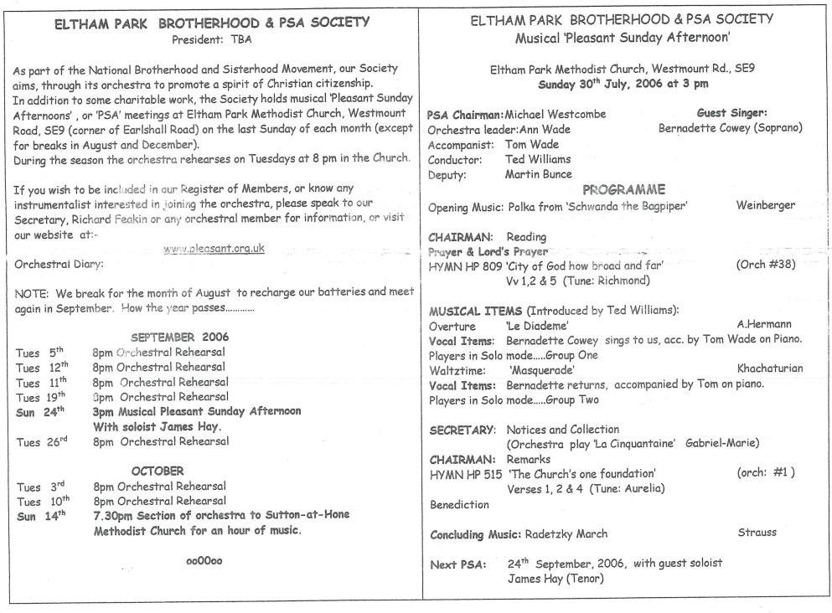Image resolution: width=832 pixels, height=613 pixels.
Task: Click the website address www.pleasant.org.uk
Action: pyautogui.click(x=214, y=248)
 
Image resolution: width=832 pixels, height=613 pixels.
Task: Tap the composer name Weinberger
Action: pyautogui.click(x=766, y=206)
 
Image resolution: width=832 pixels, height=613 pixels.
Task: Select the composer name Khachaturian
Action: pyautogui.click(x=770, y=368)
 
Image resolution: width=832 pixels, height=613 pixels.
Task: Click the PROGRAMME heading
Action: pyautogui.click(x=623, y=189)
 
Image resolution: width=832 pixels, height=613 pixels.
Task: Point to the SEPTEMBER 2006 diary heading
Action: pyautogui.click(x=179, y=337)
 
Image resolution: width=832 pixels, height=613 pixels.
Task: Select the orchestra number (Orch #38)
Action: pyautogui.click(x=765, y=265)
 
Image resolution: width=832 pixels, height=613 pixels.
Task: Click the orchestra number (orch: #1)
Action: pyautogui.click(x=765, y=473)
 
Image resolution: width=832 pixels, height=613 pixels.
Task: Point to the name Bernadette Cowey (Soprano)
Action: pyautogui.click(x=731, y=128)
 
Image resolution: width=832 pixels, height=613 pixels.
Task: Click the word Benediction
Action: pyautogui.click(x=458, y=505)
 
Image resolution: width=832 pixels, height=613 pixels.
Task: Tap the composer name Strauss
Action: pyautogui.click(x=757, y=533)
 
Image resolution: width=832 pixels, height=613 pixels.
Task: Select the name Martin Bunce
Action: pyautogui.click(x=539, y=174)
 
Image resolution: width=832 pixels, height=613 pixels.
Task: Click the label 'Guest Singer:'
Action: pyautogui.click(x=731, y=112)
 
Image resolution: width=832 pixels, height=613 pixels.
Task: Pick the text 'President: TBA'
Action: pyautogui.click(x=211, y=39)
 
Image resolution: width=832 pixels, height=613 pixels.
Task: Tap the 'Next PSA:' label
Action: pyautogui.click(x=457, y=564)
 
